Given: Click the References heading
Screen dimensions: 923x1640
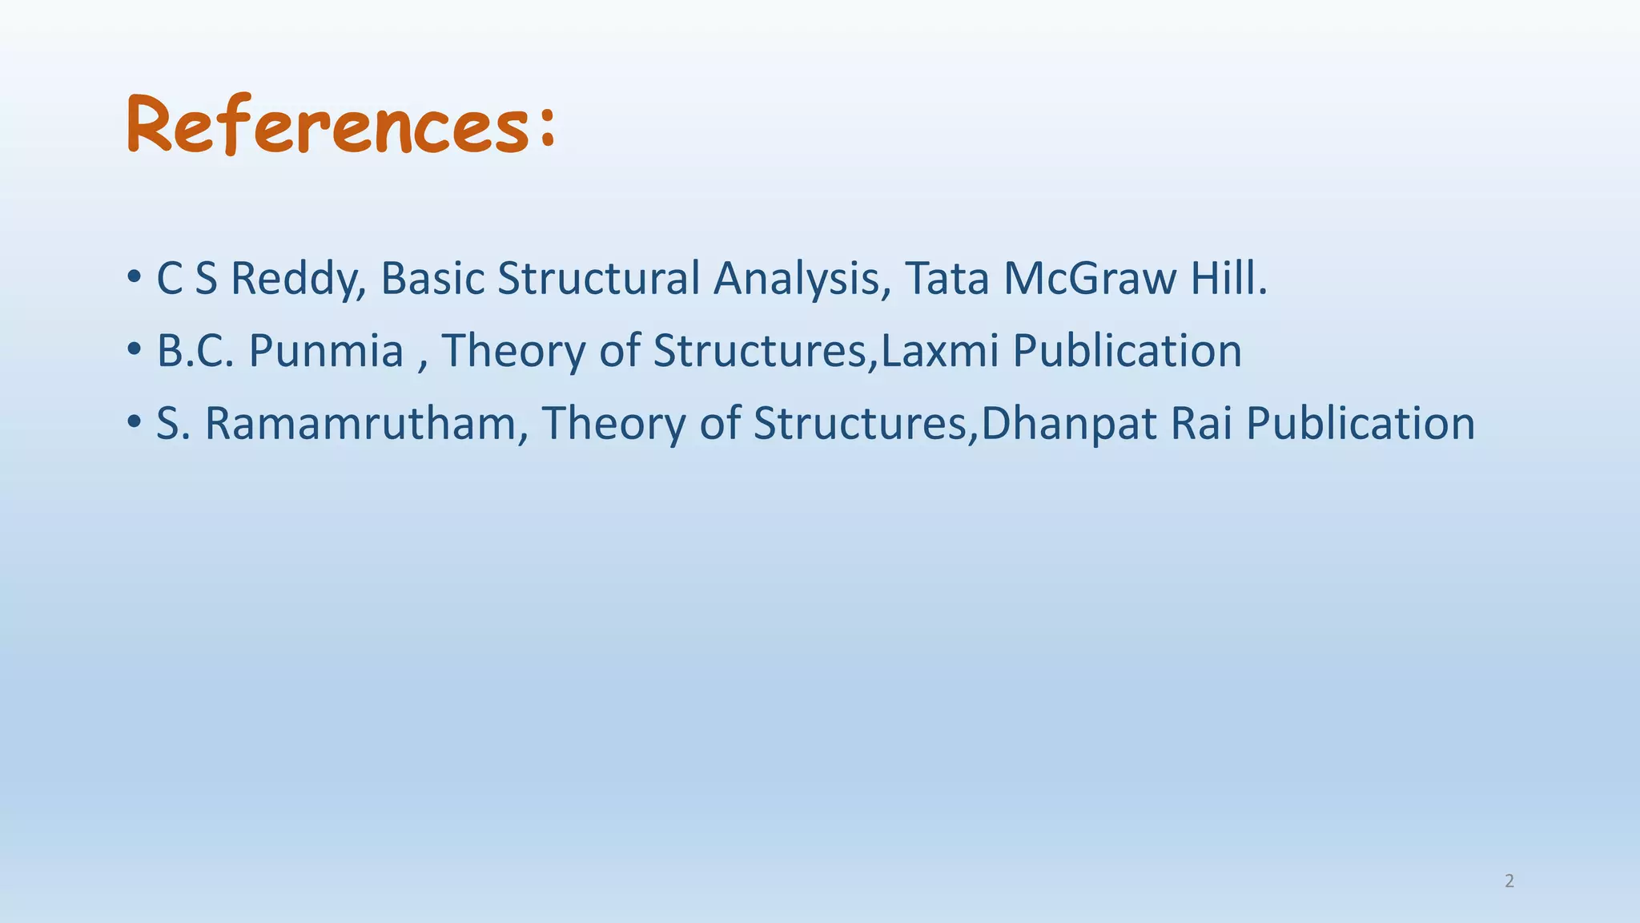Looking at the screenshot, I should pos(328,125).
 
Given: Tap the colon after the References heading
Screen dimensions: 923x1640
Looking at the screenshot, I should pos(548,128).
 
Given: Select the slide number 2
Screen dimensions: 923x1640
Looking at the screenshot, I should pos(1509,881).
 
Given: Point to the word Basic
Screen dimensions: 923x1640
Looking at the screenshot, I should pos(432,279).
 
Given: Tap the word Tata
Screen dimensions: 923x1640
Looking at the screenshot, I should pos(947,279).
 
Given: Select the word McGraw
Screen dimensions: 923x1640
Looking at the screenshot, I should pos(1090,279).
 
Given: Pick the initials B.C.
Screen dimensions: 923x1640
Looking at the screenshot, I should pos(195,351).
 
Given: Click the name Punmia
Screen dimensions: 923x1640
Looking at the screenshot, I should pos(326,352).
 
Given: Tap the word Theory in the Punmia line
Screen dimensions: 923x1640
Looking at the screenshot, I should pos(514,352).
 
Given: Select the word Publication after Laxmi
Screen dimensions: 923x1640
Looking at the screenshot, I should pos(1127,351).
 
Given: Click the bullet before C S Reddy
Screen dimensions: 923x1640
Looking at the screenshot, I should pos(134,279).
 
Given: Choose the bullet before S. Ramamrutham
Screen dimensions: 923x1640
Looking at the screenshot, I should pos(134,423).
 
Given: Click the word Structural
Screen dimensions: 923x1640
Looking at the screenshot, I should pos(599,279).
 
